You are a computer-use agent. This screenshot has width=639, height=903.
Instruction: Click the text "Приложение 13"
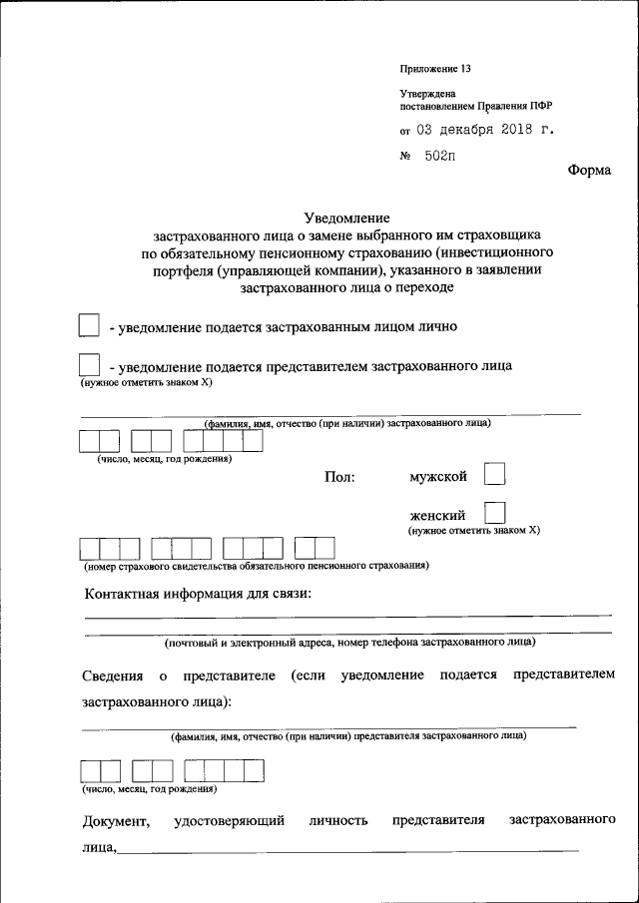434,69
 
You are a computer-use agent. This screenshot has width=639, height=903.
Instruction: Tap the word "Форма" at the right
589,170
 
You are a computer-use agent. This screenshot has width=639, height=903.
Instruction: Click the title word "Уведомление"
346,218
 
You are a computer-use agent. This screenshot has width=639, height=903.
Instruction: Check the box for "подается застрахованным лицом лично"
89,325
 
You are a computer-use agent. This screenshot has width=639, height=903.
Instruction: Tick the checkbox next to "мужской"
494,474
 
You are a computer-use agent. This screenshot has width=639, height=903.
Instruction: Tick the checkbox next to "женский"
494,513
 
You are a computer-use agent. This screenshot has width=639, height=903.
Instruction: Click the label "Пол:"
339,478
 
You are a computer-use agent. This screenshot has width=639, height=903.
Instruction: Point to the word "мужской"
438,477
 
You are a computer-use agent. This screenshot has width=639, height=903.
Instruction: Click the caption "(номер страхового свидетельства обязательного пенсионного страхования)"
256,566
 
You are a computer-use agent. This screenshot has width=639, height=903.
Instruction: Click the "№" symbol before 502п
406,157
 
